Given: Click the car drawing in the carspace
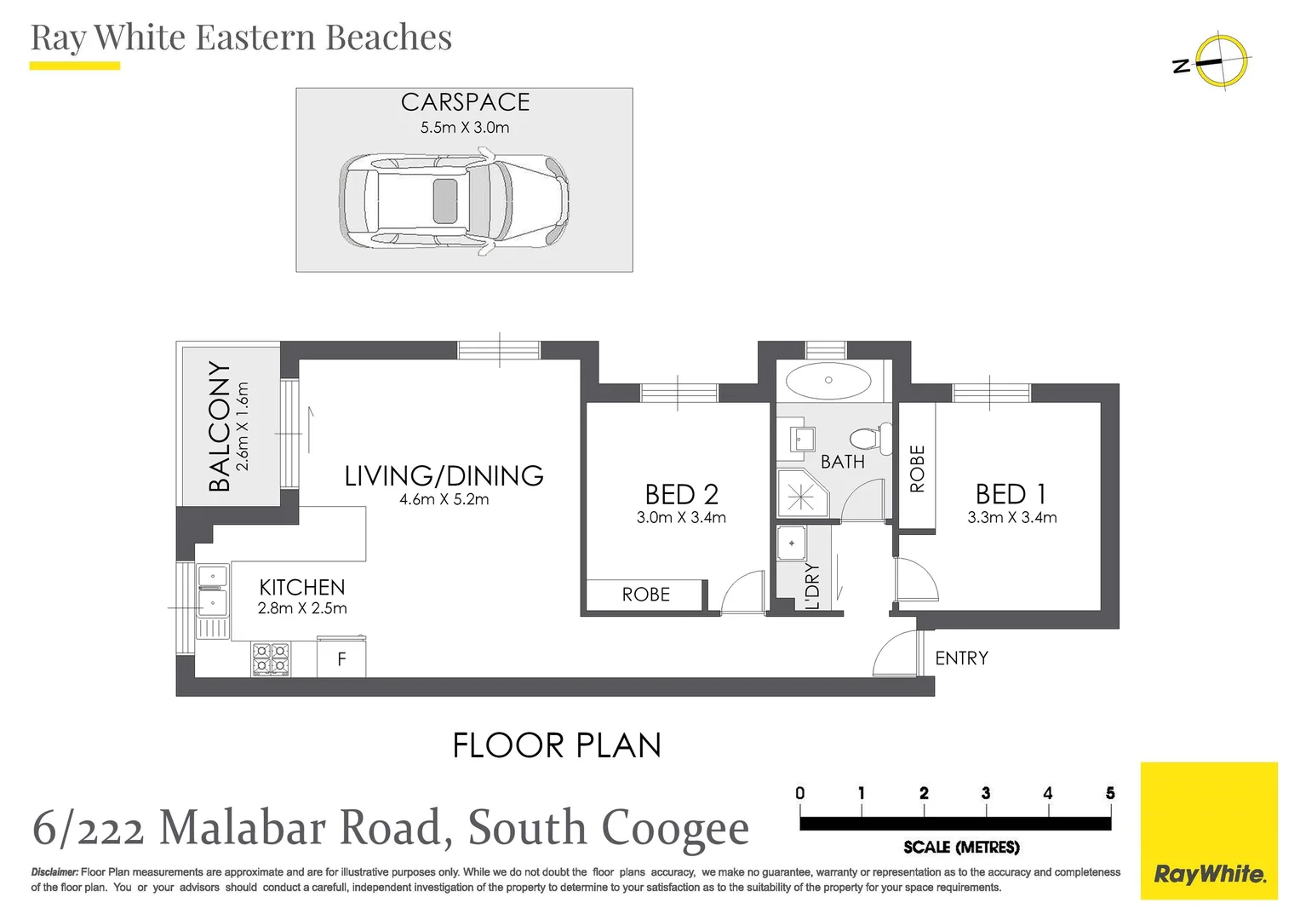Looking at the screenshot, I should [x=454, y=203].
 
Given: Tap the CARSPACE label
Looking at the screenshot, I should [x=465, y=102].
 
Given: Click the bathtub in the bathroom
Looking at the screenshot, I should [x=828, y=381].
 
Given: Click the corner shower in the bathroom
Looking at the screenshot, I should [x=800, y=495].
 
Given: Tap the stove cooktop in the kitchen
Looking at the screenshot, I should [x=271, y=659].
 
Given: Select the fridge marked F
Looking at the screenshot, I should [x=341, y=658].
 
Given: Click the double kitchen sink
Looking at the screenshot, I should [x=213, y=590].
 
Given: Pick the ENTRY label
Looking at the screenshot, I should [x=961, y=658].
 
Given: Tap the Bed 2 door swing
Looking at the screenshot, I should [x=743, y=591].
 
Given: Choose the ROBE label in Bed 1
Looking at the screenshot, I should [x=917, y=469].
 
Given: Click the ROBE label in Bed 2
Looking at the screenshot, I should [x=645, y=595].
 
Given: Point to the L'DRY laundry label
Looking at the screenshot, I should [x=812, y=586].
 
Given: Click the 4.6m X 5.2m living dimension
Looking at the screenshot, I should [x=444, y=500].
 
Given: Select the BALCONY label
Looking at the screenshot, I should [x=220, y=427].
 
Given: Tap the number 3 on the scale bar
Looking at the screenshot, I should [x=985, y=793].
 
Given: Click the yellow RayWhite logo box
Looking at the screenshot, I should [x=1208, y=831].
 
